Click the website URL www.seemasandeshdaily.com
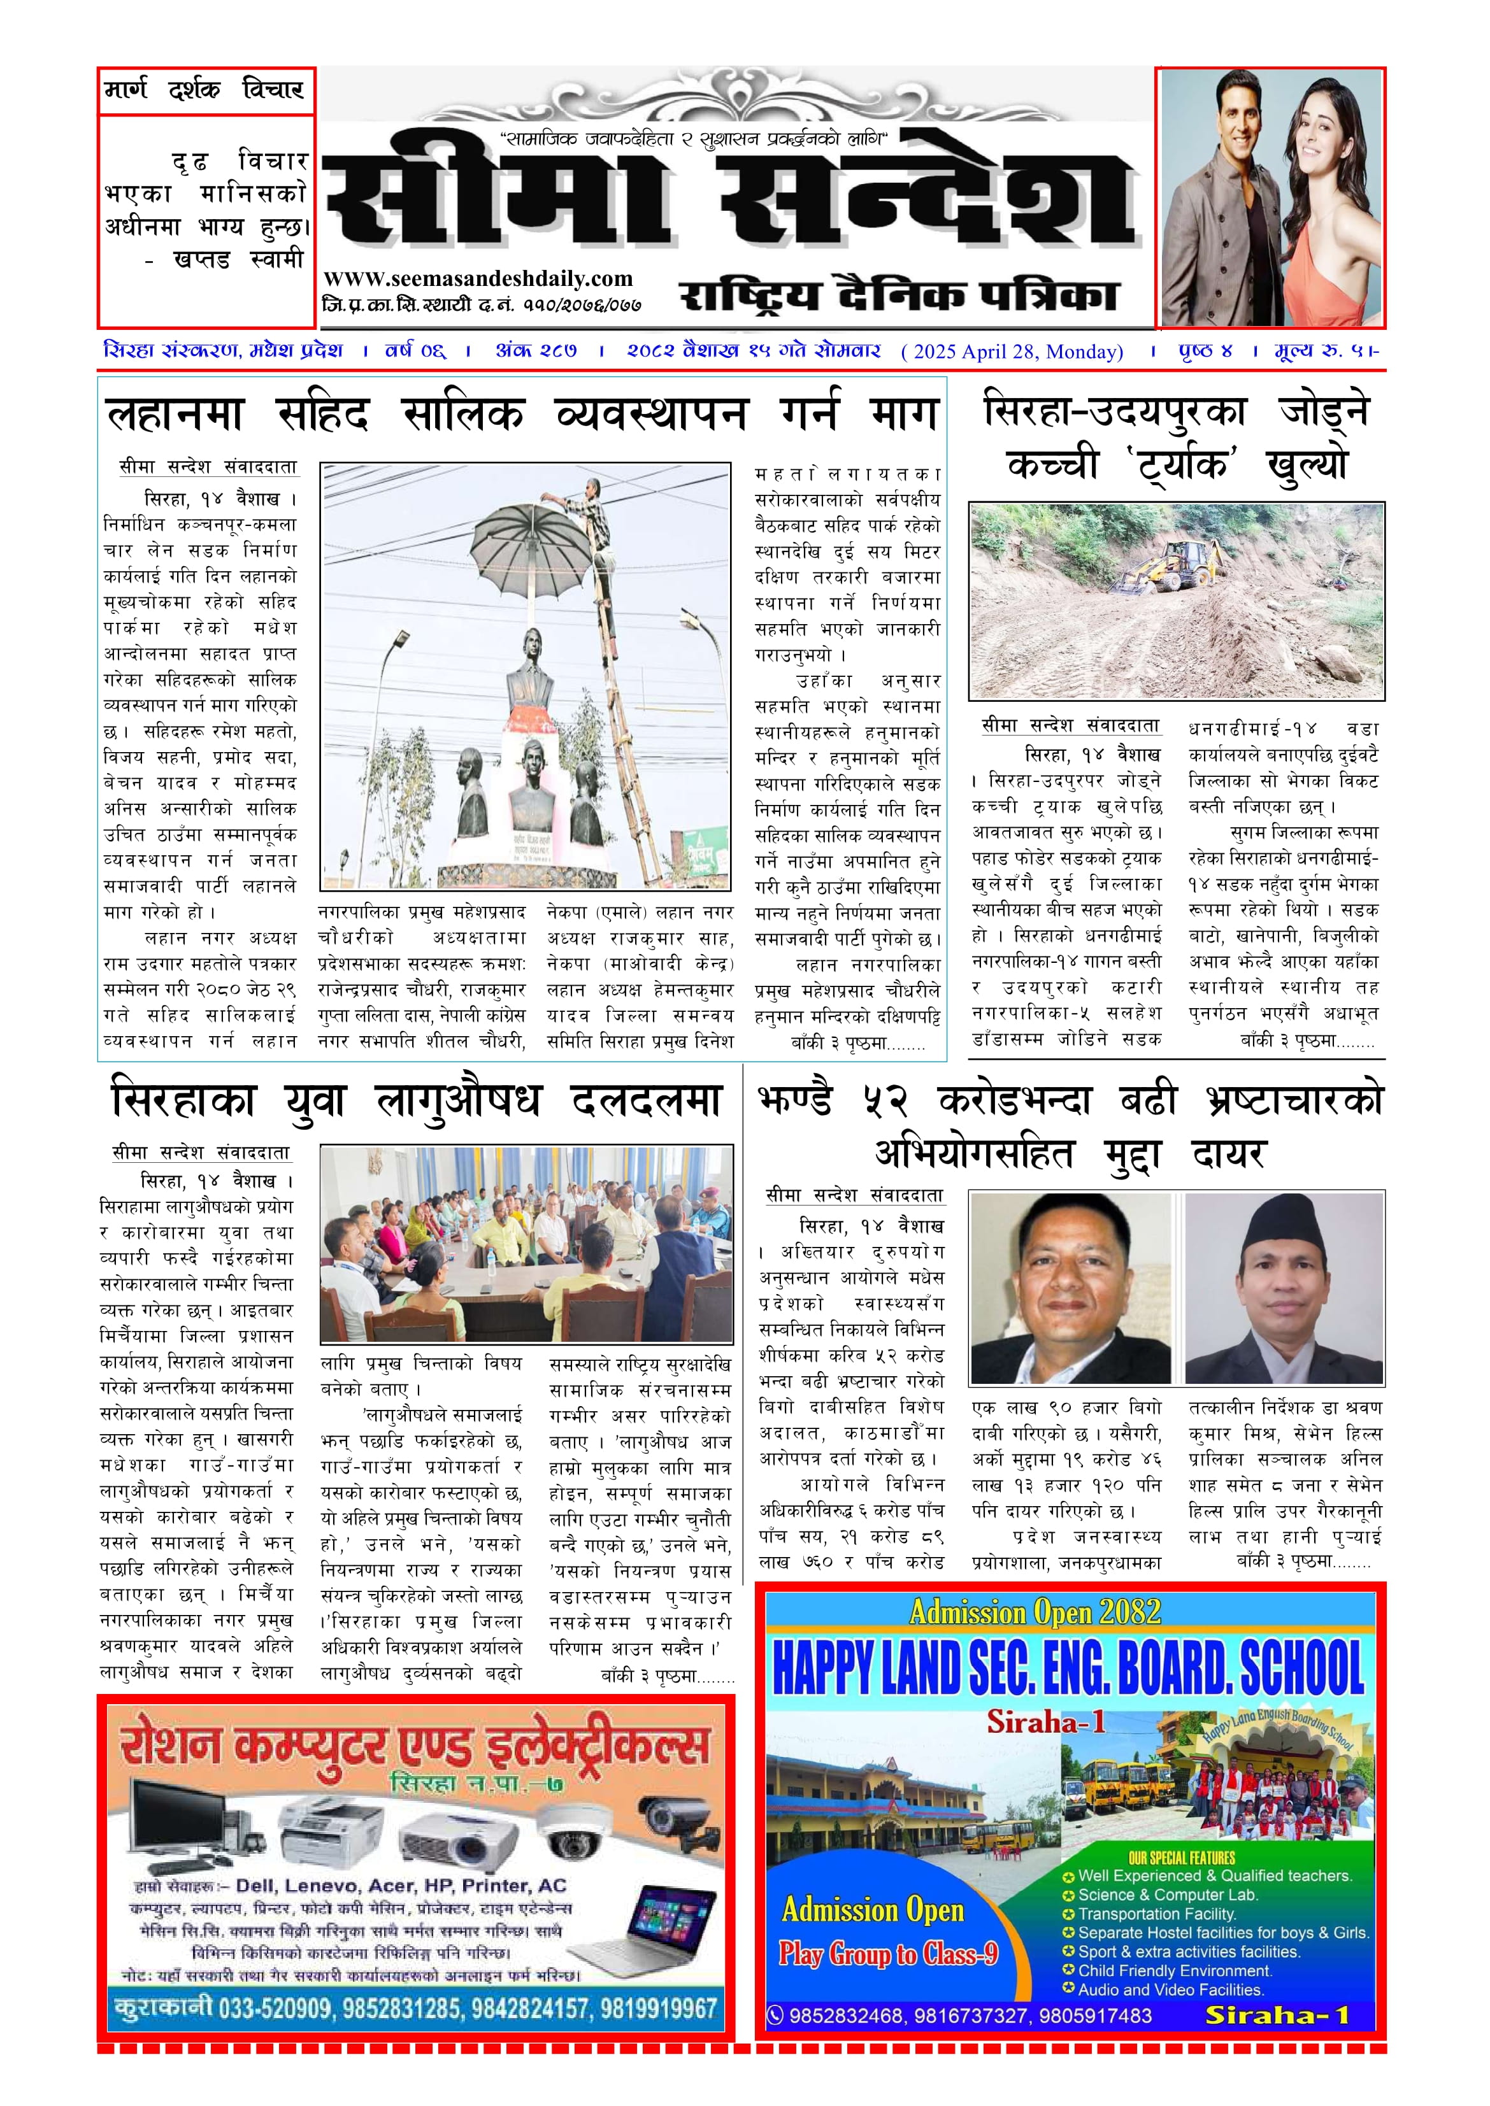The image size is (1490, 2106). point(478,279)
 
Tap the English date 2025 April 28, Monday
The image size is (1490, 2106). point(1012,352)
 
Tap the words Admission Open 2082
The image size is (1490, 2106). point(1035,1612)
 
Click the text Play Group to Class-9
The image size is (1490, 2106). point(888,1954)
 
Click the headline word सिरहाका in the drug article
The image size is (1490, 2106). point(183,1100)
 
